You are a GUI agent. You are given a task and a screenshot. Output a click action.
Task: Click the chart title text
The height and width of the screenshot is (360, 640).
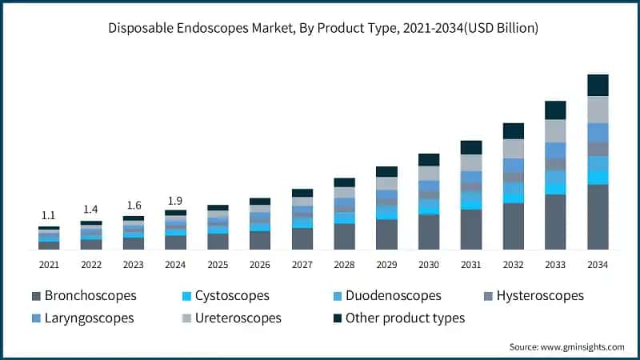click(320, 28)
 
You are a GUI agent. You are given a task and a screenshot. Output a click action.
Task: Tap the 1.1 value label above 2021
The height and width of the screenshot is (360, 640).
click(49, 215)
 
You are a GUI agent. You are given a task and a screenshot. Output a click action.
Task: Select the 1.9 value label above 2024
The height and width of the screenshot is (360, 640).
click(175, 200)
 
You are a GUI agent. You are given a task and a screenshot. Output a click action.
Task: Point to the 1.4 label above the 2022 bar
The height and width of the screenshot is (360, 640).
click(91, 210)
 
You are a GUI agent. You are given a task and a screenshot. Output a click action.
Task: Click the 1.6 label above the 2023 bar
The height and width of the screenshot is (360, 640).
click(133, 205)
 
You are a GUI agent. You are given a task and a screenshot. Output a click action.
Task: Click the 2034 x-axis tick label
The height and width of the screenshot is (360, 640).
click(598, 265)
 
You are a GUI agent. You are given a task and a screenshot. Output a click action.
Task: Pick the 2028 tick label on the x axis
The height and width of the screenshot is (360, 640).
click(344, 265)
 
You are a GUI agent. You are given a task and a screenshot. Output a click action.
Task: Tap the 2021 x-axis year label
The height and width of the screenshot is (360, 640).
click(49, 265)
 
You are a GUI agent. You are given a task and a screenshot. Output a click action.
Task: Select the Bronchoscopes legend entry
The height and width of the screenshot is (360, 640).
click(83, 296)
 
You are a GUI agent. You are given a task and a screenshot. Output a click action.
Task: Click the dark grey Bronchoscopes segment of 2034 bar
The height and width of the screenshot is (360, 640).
click(598, 217)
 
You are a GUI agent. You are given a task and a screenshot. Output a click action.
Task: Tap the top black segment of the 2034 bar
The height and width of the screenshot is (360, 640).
click(598, 85)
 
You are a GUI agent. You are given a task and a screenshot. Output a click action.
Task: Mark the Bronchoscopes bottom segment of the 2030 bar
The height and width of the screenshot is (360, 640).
click(429, 232)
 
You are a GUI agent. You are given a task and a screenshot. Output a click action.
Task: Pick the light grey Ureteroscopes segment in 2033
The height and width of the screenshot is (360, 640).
click(555, 131)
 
